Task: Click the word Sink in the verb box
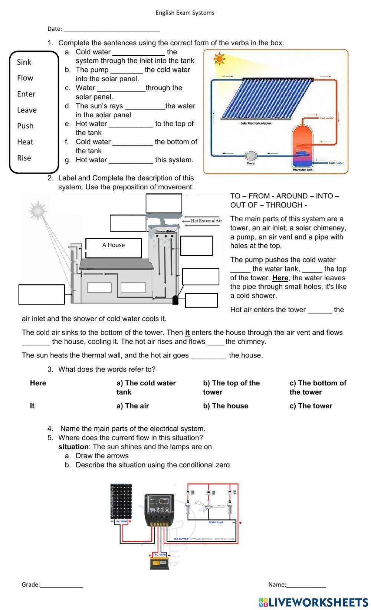(24, 62)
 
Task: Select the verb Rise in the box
(24, 158)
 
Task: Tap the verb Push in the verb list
(25, 126)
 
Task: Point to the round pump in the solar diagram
(251, 156)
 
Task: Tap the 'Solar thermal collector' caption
(256, 123)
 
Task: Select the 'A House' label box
(114, 248)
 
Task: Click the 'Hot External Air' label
(206, 221)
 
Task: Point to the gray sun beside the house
(38, 211)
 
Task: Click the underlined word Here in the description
(280, 278)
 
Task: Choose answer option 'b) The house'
(226, 406)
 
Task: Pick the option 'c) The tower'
(311, 406)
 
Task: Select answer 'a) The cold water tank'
(146, 387)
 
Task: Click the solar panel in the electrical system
(121, 501)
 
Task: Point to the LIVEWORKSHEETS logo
(313, 602)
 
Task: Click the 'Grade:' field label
(31, 584)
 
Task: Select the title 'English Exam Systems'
(185, 13)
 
